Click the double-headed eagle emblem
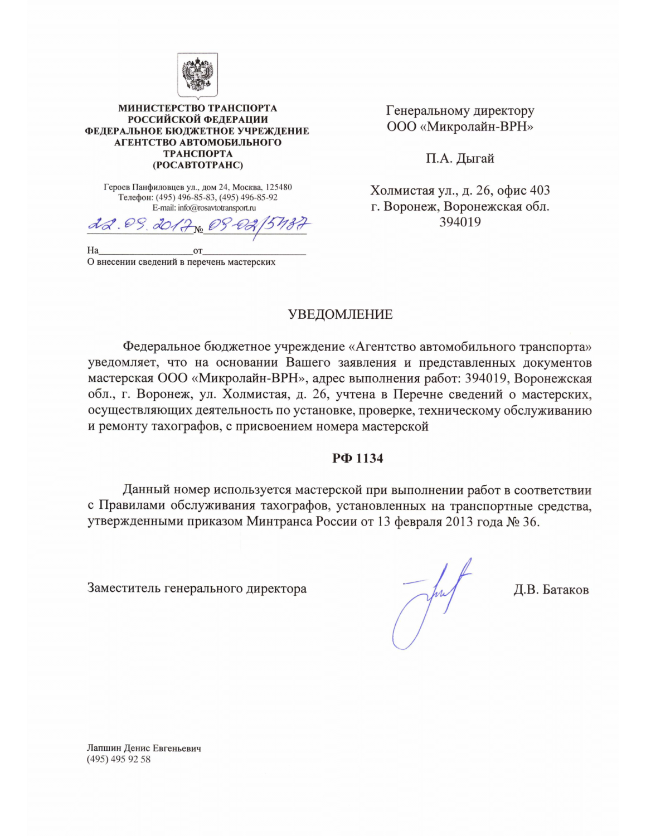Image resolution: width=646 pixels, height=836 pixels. click(x=198, y=75)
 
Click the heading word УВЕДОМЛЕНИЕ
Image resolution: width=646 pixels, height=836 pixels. click(x=340, y=314)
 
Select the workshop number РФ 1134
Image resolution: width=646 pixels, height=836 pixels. click(x=357, y=458)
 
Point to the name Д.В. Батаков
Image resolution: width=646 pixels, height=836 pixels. click(x=551, y=590)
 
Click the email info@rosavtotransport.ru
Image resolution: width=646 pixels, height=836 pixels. click(x=217, y=208)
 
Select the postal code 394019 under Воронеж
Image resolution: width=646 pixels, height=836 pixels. click(x=460, y=222)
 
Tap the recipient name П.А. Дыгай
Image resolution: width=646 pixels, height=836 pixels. click(x=460, y=158)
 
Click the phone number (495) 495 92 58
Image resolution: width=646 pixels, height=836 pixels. click(x=119, y=759)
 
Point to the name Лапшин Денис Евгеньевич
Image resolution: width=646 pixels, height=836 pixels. click(x=144, y=748)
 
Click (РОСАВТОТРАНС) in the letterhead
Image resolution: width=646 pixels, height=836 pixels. click(x=198, y=165)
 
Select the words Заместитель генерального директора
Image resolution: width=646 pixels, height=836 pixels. click(x=197, y=589)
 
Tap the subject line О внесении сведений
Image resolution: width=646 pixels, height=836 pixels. click(x=181, y=262)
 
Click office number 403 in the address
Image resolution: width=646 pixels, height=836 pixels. click(x=540, y=190)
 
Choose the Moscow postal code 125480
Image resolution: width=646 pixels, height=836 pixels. click(x=279, y=187)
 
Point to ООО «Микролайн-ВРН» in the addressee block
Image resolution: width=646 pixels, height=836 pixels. click(x=460, y=127)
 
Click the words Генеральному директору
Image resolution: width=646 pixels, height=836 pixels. click(x=460, y=110)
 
